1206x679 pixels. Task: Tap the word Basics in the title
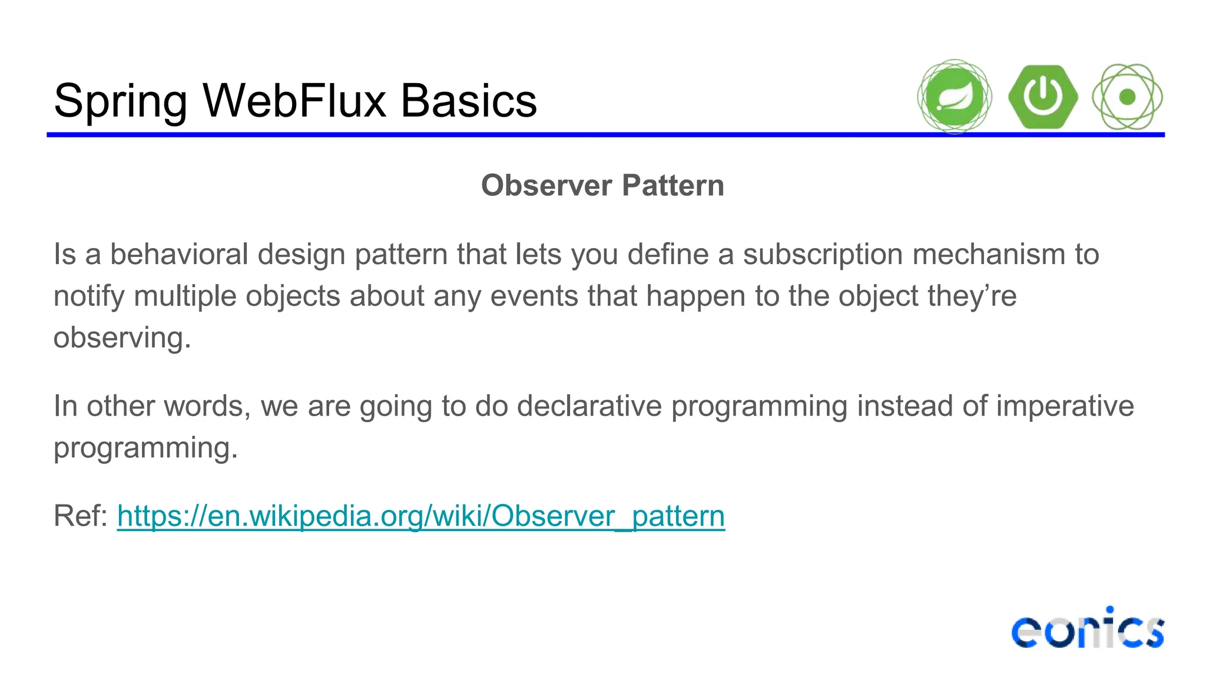[x=469, y=101]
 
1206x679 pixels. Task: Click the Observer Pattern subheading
[x=602, y=186]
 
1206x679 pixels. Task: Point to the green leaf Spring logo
[x=954, y=97]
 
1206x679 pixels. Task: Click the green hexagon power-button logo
[x=1043, y=97]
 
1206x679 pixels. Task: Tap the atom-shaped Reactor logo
[x=1127, y=97]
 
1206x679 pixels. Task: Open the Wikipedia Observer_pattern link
[x=420, y=516]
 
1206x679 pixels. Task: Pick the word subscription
[x=823, y=255]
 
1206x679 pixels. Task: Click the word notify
[x=89, y=296]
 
